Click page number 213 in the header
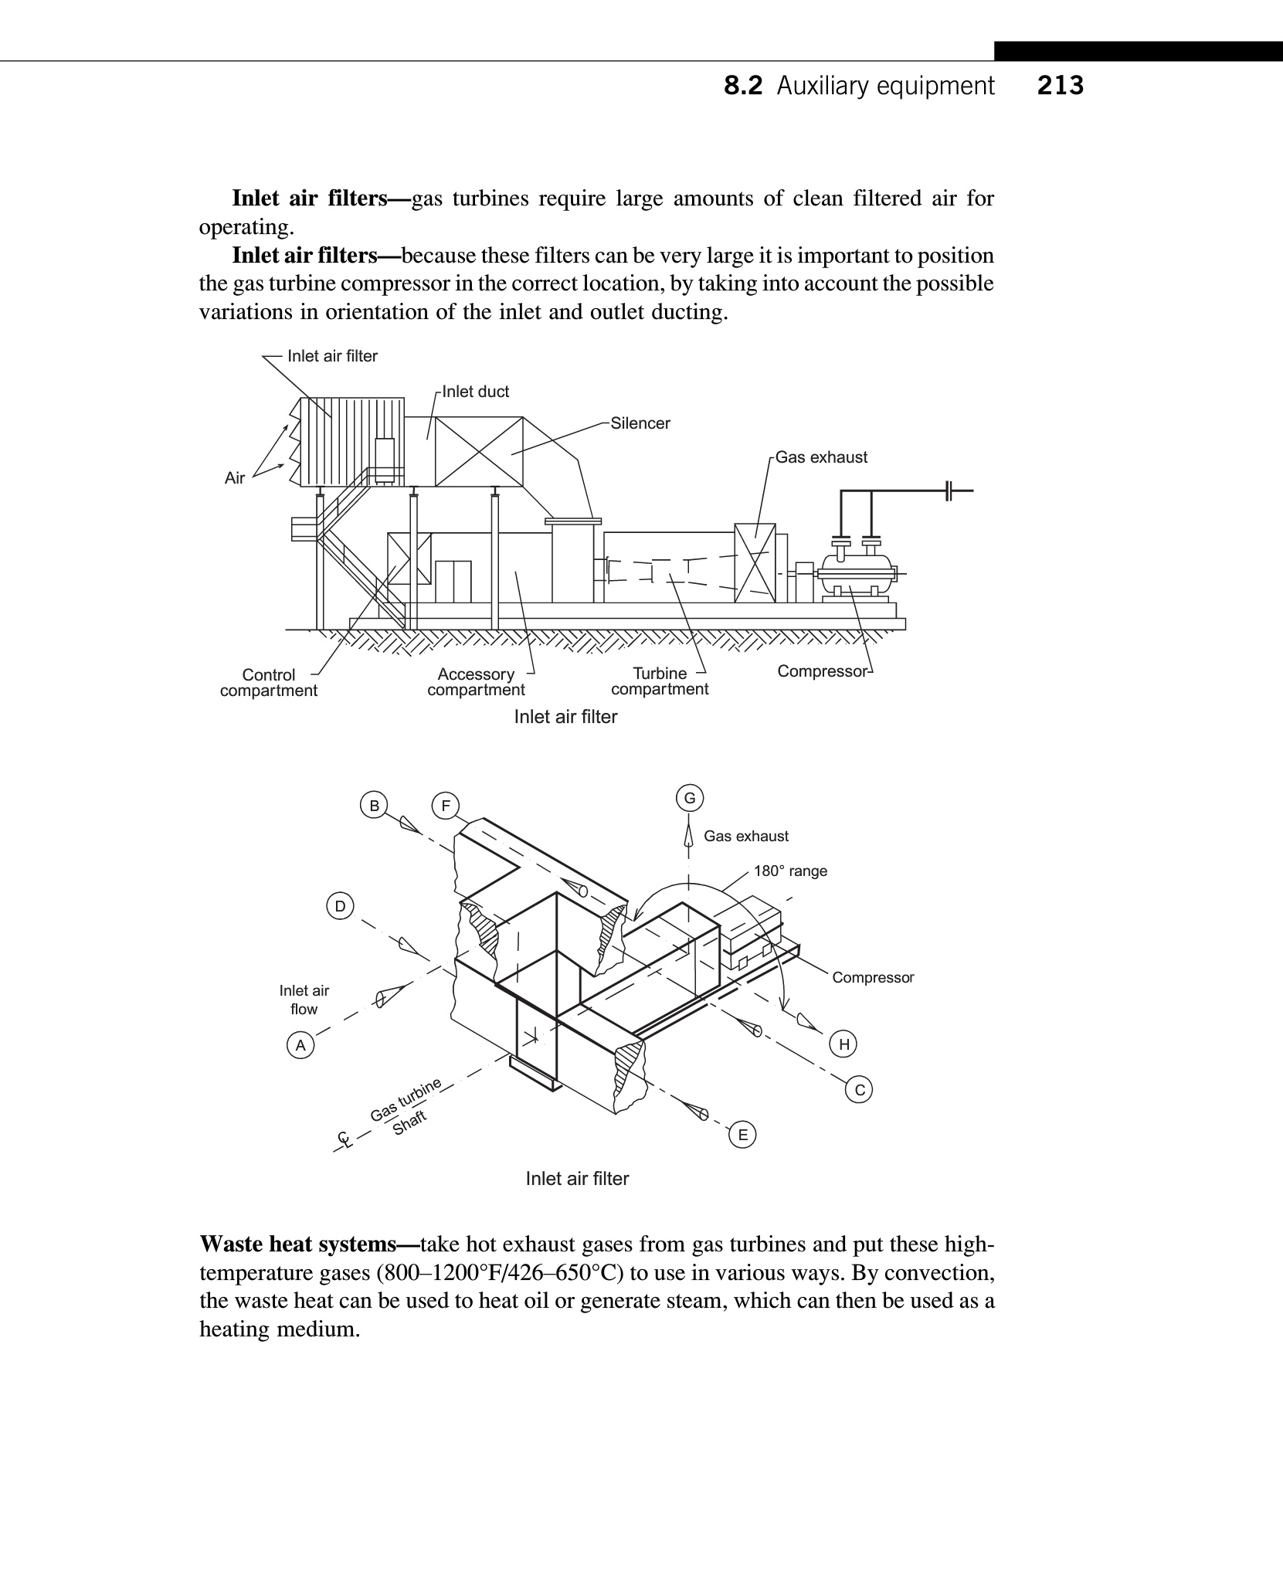[x=1061, y=86]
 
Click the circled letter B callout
[x=374, y=806]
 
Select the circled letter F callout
[x=445, y=806]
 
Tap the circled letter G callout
[x=689, y=798]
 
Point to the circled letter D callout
[x=340, y=905]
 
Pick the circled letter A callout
[x=300, y=1046]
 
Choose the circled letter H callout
[x=844, y=1044]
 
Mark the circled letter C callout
[x=860, y=1090]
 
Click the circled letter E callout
[x=743, y=1135]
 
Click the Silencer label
[x=640, y=423]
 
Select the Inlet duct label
[x=476, y=392]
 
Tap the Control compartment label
[x=269, y=683]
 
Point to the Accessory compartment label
[x=476, y=682]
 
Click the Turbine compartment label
[x=660, y=681]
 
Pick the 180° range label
[x=790, y=871]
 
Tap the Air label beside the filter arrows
[x=235, y=478]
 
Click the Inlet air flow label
[x=304, y=1000]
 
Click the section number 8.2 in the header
[x=743, y=86]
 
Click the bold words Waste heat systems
[x=307, y=1244]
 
